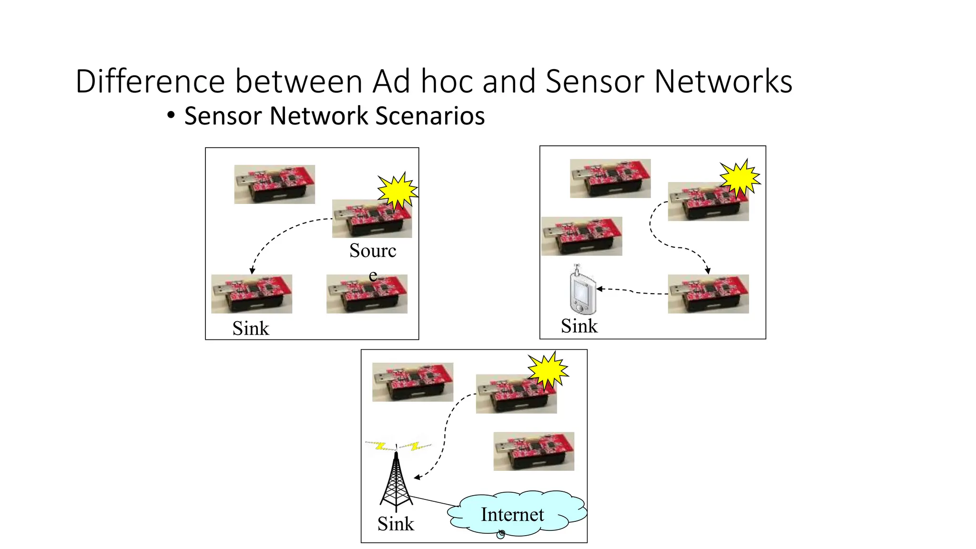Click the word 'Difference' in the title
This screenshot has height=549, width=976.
click(x=150, y=81)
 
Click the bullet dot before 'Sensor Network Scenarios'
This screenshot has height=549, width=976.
click(x=171, y=115)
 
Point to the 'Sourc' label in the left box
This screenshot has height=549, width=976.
click(x=372, y=251)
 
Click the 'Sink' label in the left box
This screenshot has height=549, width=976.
click(x=251, y=328)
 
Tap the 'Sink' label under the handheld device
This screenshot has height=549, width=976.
click(x=579, y=326)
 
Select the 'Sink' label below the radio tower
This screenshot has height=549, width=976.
click(x=396, y=524)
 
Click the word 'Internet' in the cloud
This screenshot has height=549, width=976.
click(x=512, y=515)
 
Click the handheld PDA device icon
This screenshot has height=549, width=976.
click(x=582, y=291)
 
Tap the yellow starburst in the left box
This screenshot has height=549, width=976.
click(x=397, y=191)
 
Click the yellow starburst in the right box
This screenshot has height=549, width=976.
click(x=739, y=178)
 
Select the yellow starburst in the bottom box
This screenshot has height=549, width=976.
click(x=548, y=370)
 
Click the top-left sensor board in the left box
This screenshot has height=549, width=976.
click(x=274, y=184)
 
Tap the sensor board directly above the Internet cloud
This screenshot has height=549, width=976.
click(x=534, y=451)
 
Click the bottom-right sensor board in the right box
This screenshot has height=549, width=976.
click(x=708, y=294)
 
